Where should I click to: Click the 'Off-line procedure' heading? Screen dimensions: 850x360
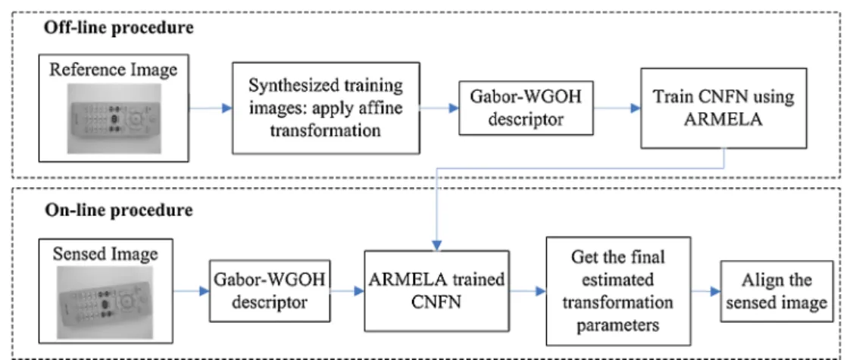coord(119,28)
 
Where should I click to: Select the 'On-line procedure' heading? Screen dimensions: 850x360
coord(118,210)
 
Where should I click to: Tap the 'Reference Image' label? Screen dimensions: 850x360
coord(114,70)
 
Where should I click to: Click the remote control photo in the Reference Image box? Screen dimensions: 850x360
coord(114,118)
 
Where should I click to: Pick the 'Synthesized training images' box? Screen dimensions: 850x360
coord(326,108)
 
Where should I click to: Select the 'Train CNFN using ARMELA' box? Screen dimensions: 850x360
coord(723,108)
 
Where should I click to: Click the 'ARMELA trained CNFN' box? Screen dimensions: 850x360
coord(437,291)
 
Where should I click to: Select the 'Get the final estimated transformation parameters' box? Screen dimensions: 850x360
coord(618,290)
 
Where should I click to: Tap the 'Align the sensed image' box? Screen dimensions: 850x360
coord(777,291)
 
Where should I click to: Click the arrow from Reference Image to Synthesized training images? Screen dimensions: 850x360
coord(211,108)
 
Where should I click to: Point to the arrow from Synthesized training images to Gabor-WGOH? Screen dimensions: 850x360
coord(439,108)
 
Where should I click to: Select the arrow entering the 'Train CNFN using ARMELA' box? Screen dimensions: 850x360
coord(617,108)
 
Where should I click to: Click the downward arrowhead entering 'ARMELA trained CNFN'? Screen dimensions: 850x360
coord(437,246)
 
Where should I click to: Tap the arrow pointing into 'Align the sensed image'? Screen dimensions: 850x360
coord(706,292)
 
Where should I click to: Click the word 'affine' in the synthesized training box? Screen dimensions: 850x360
coord(387,108)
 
